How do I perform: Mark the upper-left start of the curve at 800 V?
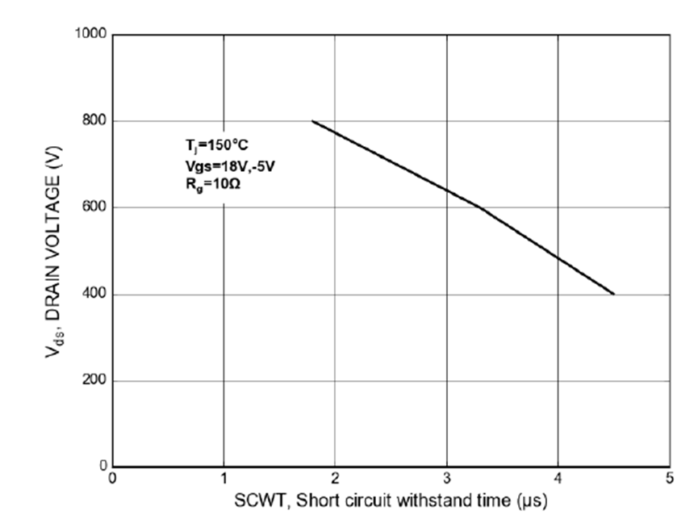click(x=313, y=121)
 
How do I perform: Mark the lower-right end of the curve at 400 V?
click(x=614, y=295)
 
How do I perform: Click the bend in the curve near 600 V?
click(x=480, y=207)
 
